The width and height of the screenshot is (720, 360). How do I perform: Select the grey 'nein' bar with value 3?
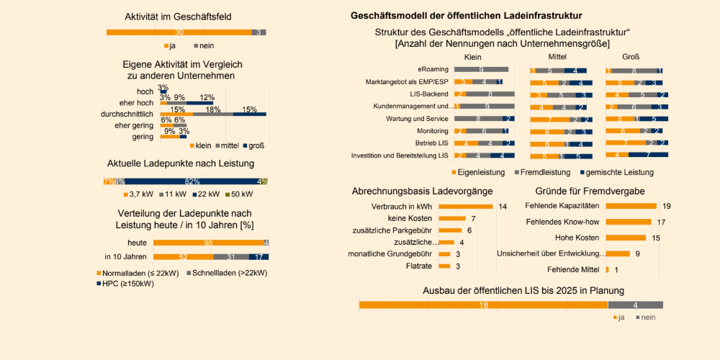pos(259,32)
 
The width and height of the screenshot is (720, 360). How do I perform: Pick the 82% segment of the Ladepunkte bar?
pos(192,181)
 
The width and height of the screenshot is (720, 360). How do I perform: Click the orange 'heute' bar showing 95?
pos(207,243)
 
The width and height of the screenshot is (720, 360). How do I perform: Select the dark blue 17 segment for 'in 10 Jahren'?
pos(258,256)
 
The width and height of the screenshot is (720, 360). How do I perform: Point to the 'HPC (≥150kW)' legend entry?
pos(128,283)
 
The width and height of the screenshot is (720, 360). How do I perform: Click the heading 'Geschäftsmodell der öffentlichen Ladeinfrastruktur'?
pos(466,15)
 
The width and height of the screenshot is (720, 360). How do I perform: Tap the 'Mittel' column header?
pos(558,56)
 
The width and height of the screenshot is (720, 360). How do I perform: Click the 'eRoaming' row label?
pos(433,69)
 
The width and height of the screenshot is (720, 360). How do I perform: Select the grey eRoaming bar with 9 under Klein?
pos(481,70)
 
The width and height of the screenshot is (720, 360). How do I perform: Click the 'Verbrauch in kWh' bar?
pos(465,207)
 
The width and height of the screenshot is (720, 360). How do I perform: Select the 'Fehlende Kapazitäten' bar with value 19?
pos(631,206)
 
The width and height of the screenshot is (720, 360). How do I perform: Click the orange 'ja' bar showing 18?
pos(483,305)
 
